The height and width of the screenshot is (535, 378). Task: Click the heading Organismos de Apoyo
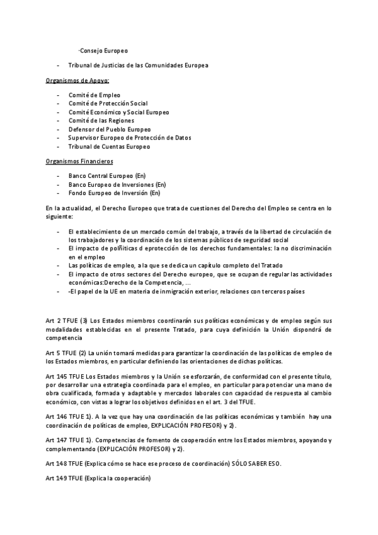click(77, 81)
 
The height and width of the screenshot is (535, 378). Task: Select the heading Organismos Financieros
click(79, 162)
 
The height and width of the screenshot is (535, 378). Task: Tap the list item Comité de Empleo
click(94, 95)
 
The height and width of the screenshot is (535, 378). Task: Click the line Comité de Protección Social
click(108, 103)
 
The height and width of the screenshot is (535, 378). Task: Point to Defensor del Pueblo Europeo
click(110, 129)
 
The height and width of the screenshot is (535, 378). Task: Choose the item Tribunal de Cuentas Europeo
click(109, 146)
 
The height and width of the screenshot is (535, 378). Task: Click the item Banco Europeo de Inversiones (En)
click(117, 184)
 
